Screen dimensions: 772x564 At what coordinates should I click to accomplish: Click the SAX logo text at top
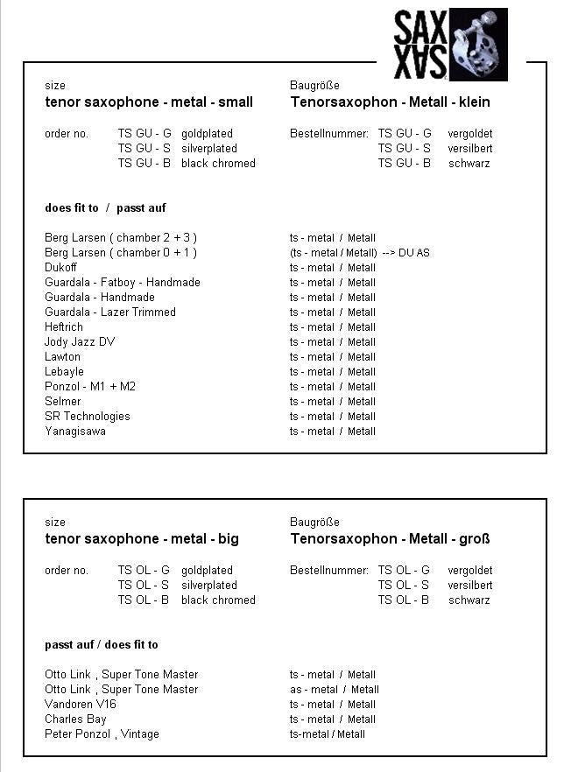[x=420, y=45]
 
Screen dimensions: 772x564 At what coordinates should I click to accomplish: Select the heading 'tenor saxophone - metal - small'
[x=149, y=102]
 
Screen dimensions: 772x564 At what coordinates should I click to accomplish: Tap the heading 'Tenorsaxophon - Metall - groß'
[x=390, y=539]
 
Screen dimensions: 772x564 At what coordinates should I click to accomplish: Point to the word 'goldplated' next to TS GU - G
[x=207, y=134]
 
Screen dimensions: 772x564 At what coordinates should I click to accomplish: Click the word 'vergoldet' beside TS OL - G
[x=469, y=571]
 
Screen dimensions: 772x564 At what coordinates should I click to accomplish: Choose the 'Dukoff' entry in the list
[x=61, y=268]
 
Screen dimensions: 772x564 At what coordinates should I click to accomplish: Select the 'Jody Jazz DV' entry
[x=80, y=342]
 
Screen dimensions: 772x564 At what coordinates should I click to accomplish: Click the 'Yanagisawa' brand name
[x=75, y=432]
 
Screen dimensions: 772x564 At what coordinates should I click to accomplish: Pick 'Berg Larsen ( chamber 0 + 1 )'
[x=121, y=253]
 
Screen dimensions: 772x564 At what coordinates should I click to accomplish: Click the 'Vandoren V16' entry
[x=81, y=705]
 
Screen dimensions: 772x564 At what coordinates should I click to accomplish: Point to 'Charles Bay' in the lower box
[x=75, y=719]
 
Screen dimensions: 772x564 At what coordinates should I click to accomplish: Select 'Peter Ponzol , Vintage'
[x=102, y=734]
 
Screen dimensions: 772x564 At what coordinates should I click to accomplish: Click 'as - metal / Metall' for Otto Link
[x=335, y=690]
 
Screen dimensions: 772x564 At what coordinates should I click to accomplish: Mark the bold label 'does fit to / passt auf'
[x=105, y=208]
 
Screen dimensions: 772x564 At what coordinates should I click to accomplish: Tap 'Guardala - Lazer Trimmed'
[x=110, y=312]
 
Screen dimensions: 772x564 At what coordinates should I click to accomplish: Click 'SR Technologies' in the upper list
[x=88, y=417]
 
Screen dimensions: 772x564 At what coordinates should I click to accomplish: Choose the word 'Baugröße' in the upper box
[x=314, y=86]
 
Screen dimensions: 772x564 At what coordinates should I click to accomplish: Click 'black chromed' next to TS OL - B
[x=218, y=600]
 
